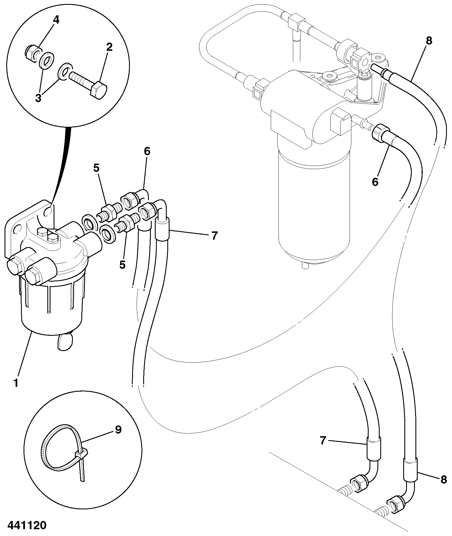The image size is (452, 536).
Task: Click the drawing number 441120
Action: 27,525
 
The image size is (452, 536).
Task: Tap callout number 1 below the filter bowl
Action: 16,383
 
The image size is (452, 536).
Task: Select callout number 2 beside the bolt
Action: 109,47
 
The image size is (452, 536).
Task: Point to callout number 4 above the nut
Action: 56,20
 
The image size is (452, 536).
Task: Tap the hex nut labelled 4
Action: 32,53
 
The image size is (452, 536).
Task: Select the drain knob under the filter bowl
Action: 65,342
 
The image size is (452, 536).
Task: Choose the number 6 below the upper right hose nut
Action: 375,182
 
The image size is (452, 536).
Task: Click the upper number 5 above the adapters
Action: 96,168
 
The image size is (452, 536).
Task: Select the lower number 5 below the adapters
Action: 122,265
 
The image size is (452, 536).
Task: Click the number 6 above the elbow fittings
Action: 147,151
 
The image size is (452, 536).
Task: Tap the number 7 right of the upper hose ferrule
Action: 214,235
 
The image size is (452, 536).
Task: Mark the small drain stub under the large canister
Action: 305,266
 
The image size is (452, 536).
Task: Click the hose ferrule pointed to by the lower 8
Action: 410,473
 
